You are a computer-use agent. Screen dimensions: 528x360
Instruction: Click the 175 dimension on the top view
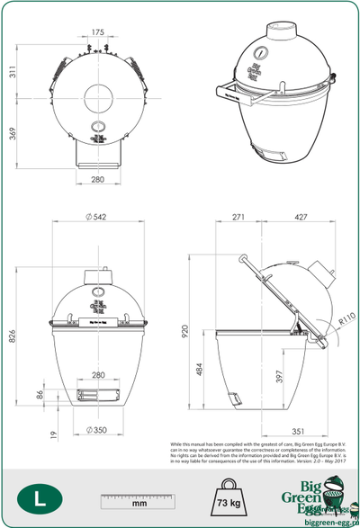coord(98,32)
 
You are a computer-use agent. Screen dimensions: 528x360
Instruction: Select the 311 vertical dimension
coord(13,72)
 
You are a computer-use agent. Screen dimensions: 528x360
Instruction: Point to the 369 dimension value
coord(13,134)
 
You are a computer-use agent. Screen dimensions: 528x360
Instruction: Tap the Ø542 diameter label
coord(97,218)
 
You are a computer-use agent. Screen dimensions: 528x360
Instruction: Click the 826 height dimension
coord(13,336)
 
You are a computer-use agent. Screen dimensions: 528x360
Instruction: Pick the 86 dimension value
coord(40,394)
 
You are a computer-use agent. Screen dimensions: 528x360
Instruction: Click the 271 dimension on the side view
coord(238,218)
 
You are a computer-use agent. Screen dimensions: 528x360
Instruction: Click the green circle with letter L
coord(36,497)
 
